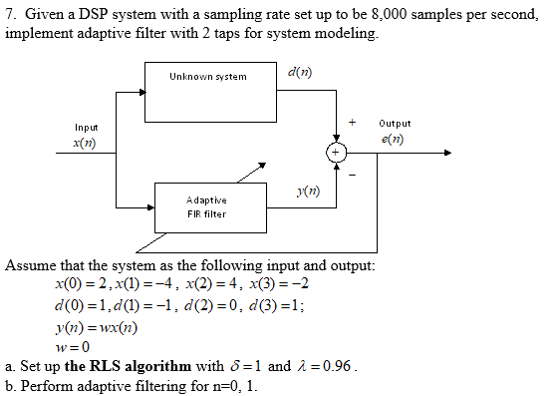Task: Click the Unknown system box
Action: pyautogui.click(x=209, y=90)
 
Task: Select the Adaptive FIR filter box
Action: pyautogui.click(x=209, y=206)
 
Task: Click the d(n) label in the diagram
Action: pyautogui.click(x=297, y=73)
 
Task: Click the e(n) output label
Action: pyautogui.click(x=394, y=141)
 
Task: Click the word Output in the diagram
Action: pyautogui.click(x=395, y=124)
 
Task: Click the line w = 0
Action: pyautogui.click(x=74, y=346)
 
